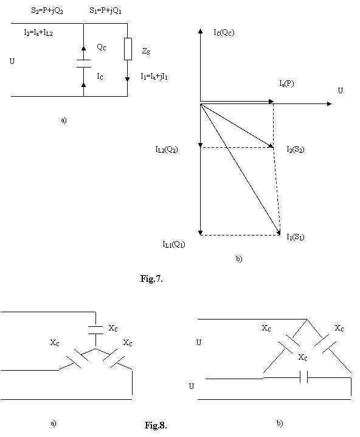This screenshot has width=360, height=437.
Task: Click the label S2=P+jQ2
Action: [x=47, y=11]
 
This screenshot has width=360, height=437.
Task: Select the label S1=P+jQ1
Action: [x=105, y=10]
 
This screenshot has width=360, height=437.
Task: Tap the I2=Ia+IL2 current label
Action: [x=38, y=33]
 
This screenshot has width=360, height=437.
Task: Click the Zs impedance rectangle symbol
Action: [x=128, y=49]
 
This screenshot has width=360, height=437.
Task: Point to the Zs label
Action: [x=146, y=51]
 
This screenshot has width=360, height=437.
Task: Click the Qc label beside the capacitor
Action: [x=102, y=47]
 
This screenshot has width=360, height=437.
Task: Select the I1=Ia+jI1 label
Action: [x=154, y=76]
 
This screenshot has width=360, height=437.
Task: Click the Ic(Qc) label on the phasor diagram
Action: [x=224, y=32]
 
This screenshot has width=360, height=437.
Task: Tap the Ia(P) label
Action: [x=286, y=83]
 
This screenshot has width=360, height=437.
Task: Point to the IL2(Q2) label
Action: [x=167, y=149]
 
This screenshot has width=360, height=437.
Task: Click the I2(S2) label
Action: [x=296, y=149]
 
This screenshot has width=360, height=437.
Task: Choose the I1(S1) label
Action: [x=296, y=237]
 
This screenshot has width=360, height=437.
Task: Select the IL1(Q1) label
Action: [x=174, y=245]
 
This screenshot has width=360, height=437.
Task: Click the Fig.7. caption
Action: [x=151, y=278]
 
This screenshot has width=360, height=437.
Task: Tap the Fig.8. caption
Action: [x=156, y=425]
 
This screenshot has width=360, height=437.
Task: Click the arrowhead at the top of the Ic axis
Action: [x=200, y=30]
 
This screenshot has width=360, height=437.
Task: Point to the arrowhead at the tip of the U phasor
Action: [x=329, y=104]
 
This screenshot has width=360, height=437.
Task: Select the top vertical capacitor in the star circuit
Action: [x=95, y=330]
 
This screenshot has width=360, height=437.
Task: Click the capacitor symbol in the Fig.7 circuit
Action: [x=83, y=63]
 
